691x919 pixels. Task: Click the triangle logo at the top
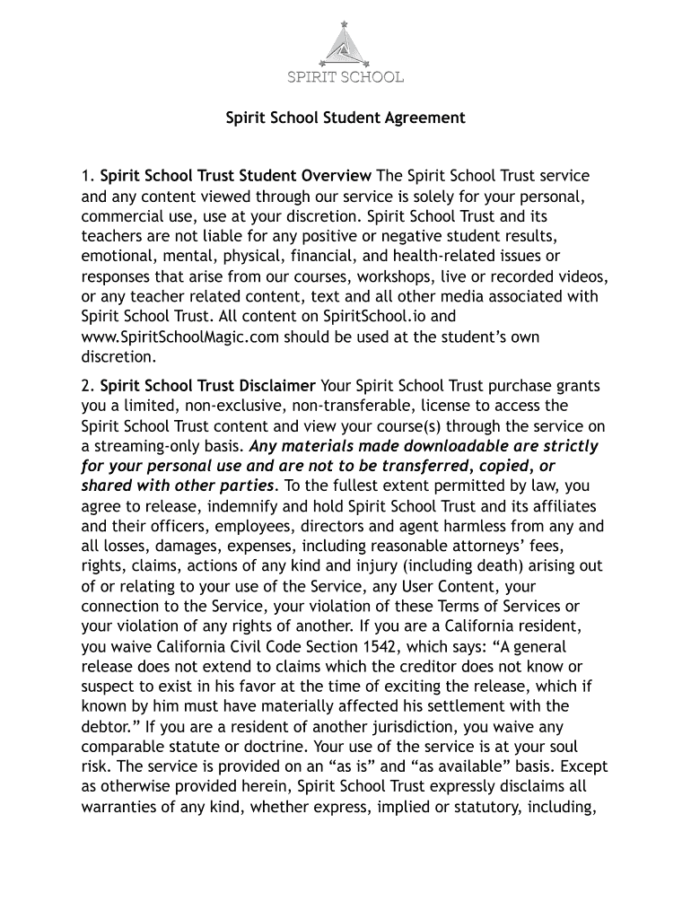coord(345,42)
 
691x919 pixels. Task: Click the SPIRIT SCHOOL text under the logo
coord(345,77)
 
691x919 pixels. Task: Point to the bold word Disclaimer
coord(271,387)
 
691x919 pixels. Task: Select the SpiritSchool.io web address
coord(359,317)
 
